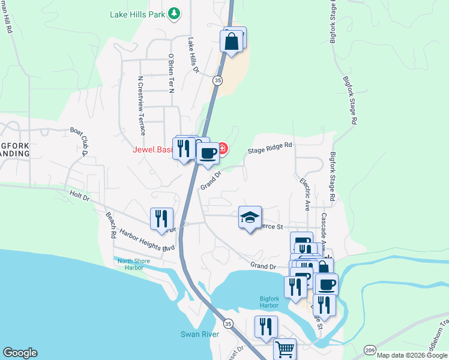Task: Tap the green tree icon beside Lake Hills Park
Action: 174,13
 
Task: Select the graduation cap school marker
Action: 250,217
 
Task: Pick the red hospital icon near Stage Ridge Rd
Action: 223,148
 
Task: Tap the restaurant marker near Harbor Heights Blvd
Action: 161,219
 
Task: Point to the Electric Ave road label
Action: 305,193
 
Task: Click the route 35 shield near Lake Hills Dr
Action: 218,79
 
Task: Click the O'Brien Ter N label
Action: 171,74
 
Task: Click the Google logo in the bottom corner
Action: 20,353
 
